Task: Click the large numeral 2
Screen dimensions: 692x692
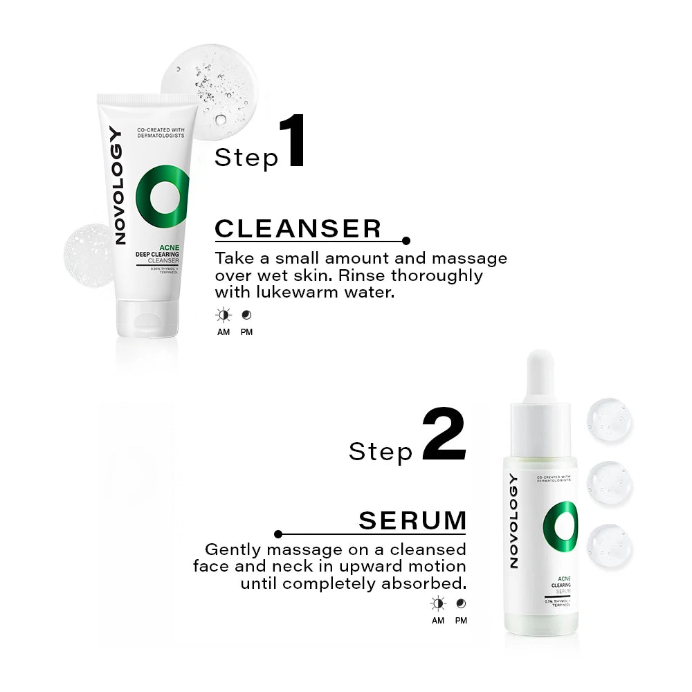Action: tap(444, 435)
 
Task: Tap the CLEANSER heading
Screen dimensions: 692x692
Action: tap(298, 228)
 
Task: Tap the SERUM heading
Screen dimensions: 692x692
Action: tap(412, 521)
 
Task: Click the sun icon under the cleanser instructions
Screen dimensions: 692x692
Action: tap(223, 316)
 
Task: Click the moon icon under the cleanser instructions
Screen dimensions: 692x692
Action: tap(246, 316)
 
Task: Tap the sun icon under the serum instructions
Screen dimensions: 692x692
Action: tap(437, 603)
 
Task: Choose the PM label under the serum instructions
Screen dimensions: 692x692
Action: tap(461, 621)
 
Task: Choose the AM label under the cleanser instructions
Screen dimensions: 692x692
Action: tap(223, 332)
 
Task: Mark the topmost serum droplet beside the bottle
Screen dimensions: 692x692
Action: tap(609, 420)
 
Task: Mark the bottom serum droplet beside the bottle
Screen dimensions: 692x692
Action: tap(609, 545)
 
